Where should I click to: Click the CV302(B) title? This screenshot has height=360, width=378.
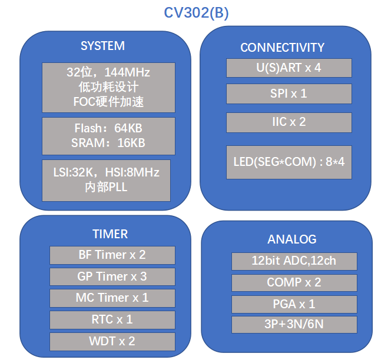click(196, 13)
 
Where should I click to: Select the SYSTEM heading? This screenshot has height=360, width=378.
click(102, 46)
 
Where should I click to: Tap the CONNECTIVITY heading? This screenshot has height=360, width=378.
click(282, 48)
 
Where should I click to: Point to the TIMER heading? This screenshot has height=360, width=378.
click(110, 234)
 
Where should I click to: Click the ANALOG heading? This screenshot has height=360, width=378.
click(292, 239)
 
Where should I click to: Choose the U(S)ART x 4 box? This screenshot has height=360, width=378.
click(289, 68)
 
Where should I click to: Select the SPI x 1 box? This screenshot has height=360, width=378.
click(289, 94)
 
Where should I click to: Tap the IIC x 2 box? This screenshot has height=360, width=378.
click(289, 122)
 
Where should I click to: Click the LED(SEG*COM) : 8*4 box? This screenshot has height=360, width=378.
click(289, 162)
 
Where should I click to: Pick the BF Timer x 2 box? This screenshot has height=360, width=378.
click(112, 255)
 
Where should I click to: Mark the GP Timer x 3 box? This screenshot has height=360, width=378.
click(112, 276)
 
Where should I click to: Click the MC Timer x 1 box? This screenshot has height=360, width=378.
click(112, 298)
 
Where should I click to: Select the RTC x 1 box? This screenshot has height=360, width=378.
click(112, 320)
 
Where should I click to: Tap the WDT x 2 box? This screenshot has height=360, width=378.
click(112, 342)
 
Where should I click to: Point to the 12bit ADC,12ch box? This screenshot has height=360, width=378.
click(294, 261)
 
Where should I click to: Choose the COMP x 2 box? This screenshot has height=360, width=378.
click(294, 283)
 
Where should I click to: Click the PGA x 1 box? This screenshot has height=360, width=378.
click(294, 304)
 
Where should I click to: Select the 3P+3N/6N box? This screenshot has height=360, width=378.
click(294, 325)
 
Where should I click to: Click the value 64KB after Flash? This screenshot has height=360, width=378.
click(128, 128)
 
